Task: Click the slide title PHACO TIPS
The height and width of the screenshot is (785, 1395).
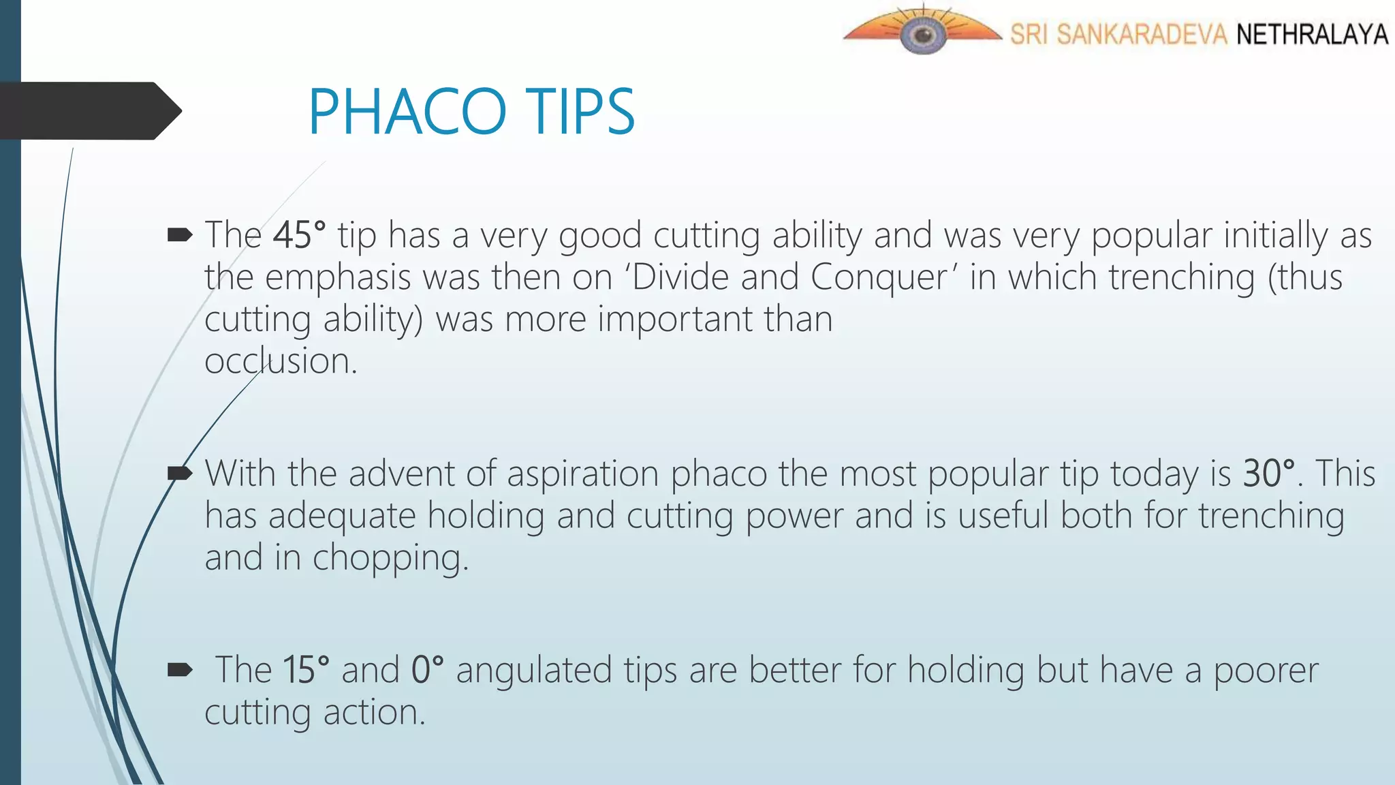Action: [471, 112]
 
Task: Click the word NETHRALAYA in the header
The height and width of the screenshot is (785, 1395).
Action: [1312, 34]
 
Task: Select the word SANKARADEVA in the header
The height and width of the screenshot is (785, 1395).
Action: [1142, 34]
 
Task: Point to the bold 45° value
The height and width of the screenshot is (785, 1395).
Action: [299, 235]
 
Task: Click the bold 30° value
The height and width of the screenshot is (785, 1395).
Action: [1268, 473]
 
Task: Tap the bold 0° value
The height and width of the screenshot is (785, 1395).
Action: [427, 670]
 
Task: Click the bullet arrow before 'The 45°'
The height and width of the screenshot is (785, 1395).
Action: [180, 236]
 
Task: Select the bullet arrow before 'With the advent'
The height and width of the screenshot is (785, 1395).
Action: [180, 473]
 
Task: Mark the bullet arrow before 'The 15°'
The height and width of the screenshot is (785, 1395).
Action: [180, 670]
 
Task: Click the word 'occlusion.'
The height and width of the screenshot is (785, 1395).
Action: [281, 361]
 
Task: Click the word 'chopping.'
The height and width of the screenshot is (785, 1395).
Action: [390, 558]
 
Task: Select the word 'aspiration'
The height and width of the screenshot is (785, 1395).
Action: [582, 474]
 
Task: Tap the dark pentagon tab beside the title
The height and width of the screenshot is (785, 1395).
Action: [89, 111]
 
